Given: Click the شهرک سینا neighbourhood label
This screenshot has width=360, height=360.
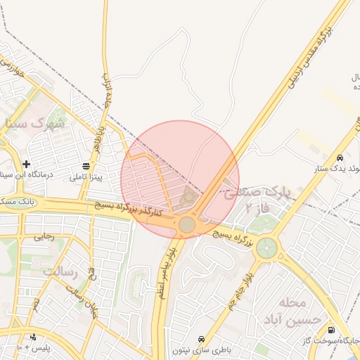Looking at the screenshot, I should (x=34, y=123).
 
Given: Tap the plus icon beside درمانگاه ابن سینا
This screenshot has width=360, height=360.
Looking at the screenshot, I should (x=26, y=164).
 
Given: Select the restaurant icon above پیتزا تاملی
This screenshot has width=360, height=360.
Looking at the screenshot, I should (x=86, y=166).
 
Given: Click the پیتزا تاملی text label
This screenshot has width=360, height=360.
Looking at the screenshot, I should (x=85, y=177).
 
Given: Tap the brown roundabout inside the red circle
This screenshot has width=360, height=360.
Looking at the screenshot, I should (x=187, y=224).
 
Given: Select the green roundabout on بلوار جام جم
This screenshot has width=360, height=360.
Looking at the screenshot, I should (x=266, y=248).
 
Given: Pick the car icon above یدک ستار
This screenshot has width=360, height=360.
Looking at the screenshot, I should (x=340, y=157).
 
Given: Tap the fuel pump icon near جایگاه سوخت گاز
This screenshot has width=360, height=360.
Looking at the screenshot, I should (x=331, y=330).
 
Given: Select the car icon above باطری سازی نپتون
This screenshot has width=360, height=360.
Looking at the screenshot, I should (x=202, y=338).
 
